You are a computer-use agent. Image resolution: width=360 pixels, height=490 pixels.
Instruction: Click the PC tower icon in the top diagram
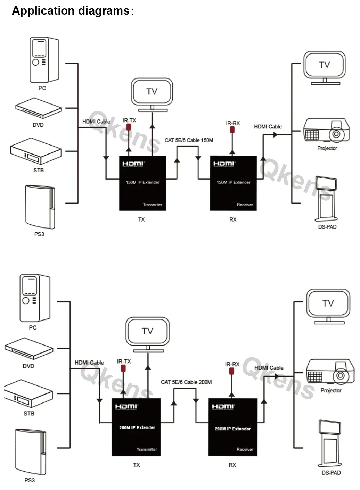tap(43, 60)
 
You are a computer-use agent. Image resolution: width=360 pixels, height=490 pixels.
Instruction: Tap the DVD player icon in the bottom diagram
tap(29, 348)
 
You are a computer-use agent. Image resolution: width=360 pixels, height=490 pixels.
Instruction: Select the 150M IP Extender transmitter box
tap(142, 183)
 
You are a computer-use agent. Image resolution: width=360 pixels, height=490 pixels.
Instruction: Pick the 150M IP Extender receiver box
tap(234, 183)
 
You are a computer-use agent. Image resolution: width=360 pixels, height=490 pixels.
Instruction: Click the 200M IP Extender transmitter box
tap(136, 427)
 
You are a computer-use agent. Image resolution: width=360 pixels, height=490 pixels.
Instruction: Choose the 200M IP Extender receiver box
tap(233, 427)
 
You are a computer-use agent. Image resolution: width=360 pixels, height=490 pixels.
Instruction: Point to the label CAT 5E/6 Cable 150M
tap(189, 140)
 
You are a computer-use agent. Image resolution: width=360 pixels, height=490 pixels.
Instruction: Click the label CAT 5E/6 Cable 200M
tap(186, 382)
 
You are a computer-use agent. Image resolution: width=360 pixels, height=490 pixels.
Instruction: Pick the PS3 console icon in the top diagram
tap(40, 207)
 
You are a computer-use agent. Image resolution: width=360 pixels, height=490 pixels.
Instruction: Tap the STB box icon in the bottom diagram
tap(28, 393)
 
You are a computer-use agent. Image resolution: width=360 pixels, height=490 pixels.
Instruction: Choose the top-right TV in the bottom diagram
tap(328, 306)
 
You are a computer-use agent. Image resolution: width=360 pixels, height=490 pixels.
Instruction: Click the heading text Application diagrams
tap(71, 11)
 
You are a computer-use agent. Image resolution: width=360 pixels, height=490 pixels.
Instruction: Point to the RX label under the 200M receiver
tap(232, 465)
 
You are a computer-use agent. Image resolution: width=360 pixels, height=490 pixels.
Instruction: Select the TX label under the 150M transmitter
tap(141, 219)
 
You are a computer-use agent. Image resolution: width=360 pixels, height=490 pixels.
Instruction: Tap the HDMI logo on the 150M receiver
tap(224, 164)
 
